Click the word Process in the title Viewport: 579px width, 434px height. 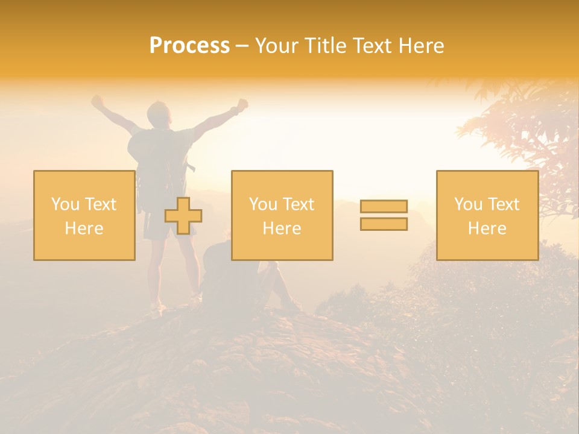[189, 46]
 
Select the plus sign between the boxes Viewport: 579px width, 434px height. [183, 216]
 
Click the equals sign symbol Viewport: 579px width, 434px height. [384, 215]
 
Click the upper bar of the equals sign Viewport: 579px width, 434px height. [384, 206]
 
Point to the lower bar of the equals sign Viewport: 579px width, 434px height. [384, 224]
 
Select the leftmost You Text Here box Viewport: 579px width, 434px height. [84, 216]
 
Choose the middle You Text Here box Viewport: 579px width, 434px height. [282, 216]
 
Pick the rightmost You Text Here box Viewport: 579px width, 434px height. [487, 216]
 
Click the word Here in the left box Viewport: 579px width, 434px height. [84, 228]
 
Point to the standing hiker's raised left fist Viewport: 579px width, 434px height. [96, 101]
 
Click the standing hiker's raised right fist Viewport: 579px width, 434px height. [242, 104]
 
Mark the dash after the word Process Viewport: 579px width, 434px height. [242, 46]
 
